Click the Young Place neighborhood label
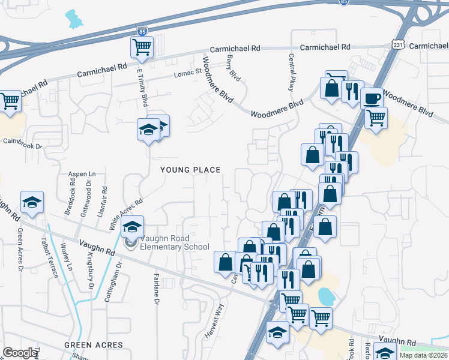click(191, 170)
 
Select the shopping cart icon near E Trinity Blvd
click(142, 47)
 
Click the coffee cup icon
click(372, 97)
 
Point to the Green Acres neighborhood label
click(94, 345)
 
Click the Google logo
click(20, 352)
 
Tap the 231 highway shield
click(399, 46)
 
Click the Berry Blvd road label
click(234, 68)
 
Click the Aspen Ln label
click(82, 173)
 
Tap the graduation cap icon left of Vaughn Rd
click(32, 202)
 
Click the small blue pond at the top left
click(74, 20)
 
